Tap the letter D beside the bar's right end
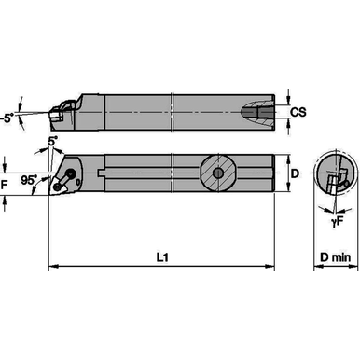coord(294,173)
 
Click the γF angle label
coord(331,222)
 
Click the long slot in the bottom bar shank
coord(149,173)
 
